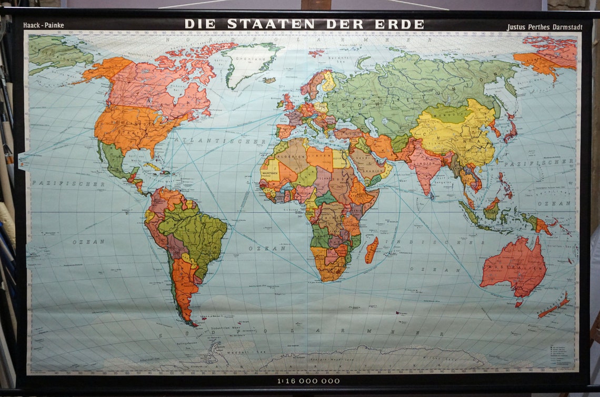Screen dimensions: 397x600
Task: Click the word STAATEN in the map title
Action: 271,24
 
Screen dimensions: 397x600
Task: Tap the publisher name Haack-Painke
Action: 44,25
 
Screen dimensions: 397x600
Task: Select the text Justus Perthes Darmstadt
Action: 545,27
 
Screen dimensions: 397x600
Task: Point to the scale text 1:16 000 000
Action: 308,381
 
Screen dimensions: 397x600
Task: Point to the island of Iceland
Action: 270,80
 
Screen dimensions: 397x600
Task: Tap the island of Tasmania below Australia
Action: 518,304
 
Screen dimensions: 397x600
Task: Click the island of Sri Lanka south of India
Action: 432,196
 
